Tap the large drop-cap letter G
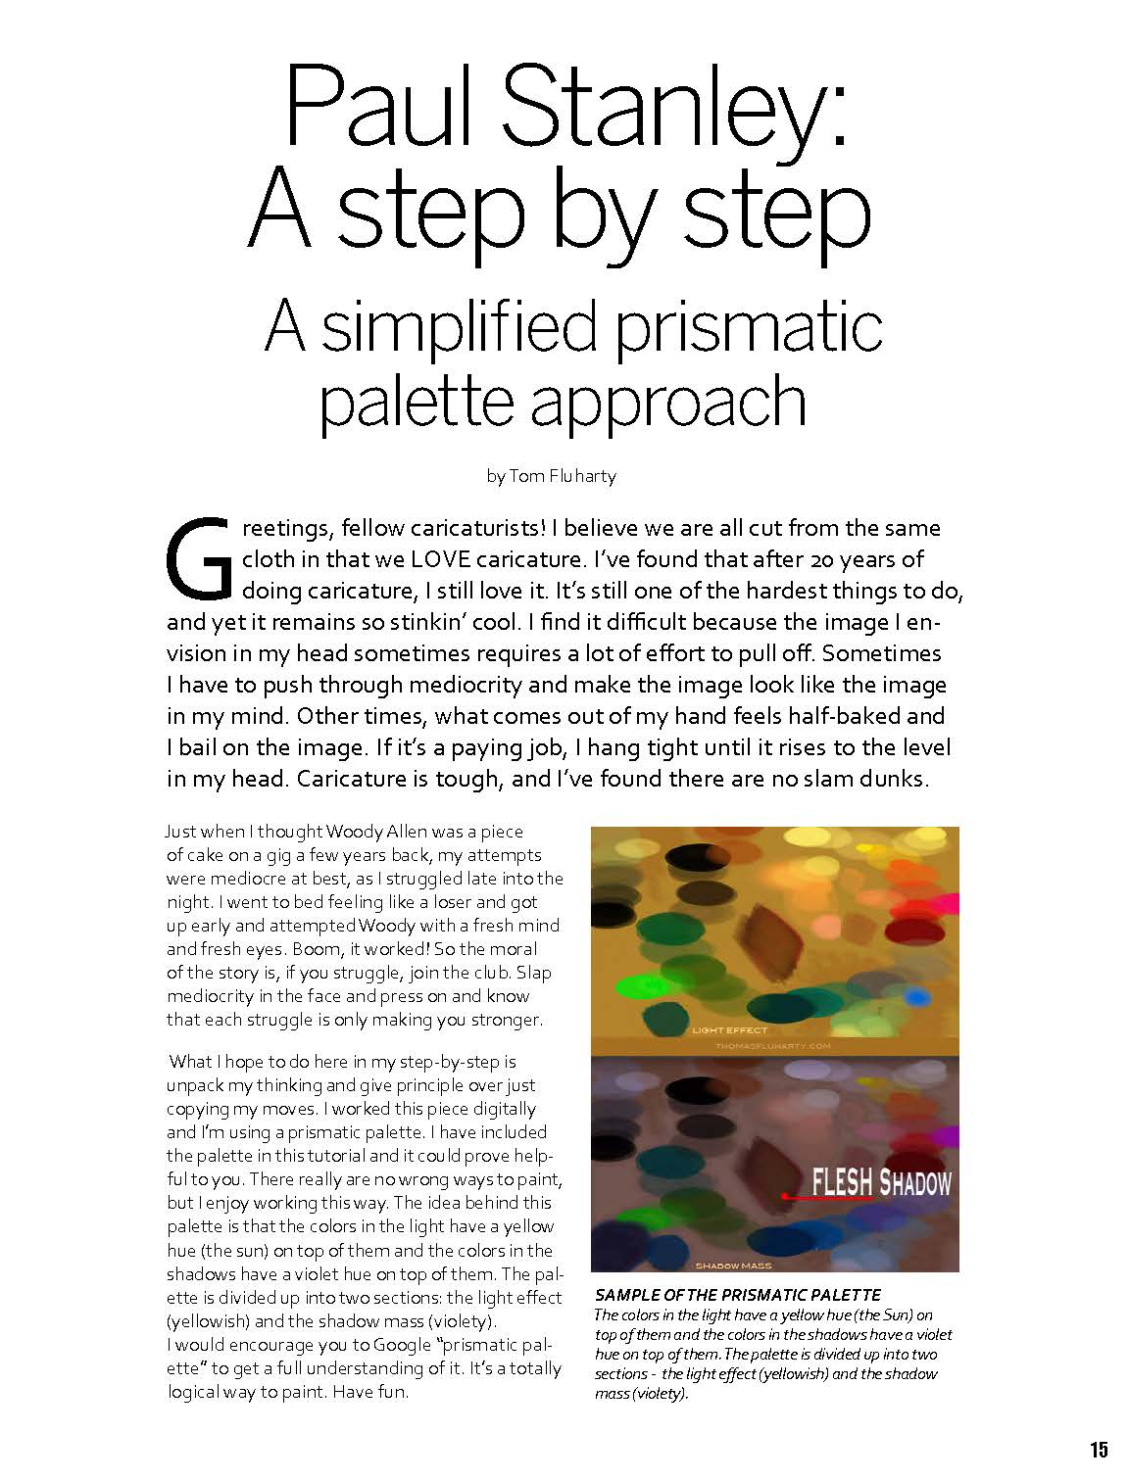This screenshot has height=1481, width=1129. [199, 556]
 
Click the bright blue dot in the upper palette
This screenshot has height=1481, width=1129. [917, 996]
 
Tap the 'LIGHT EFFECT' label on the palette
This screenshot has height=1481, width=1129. [729, 1030]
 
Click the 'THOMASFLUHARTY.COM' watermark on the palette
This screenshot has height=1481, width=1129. [773, 1046]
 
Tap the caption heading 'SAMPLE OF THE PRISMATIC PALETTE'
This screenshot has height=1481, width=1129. [738, 1294]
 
